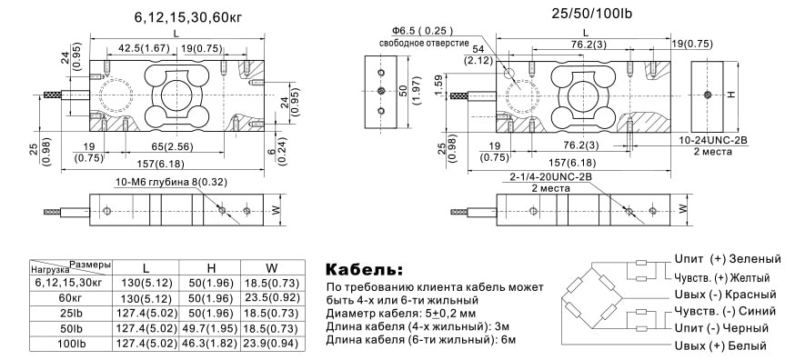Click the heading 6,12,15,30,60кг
coord(188,16)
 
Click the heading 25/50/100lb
coord(591,14)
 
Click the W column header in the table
coord(272,267)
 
